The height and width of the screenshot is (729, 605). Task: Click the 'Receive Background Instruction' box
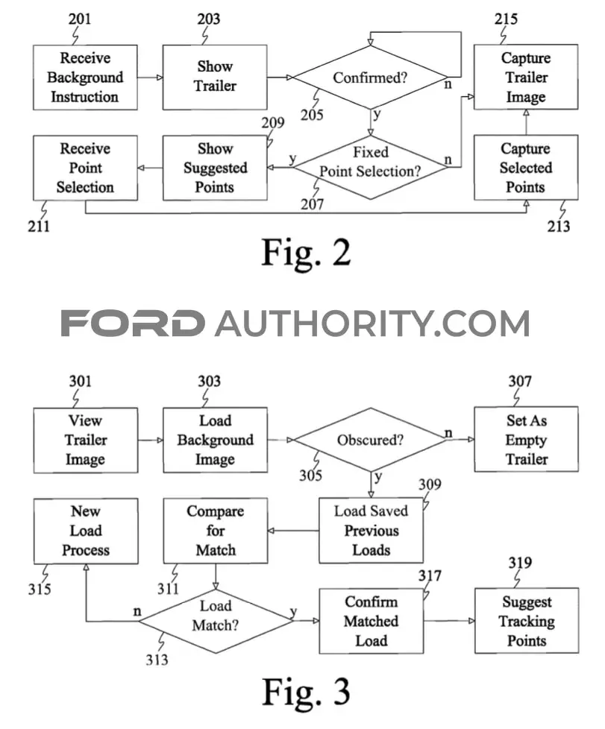[x=85, y=78]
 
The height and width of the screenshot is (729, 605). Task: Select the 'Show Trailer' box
[x=215, y=78]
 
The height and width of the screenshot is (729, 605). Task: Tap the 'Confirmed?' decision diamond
[x=371, y=78]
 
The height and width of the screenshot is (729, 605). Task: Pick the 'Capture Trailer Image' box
[x=526, y=78]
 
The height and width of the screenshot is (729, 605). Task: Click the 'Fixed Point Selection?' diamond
[x=371, y=168]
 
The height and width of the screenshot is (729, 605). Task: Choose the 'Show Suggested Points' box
[x=215, y=168]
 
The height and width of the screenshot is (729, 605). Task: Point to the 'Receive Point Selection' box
[x=85, y=168]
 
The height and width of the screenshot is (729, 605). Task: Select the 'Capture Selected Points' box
[x=526, y=168]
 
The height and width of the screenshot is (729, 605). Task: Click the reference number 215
[x=506, y=19]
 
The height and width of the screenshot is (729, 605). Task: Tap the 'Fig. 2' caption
[x=306, y=253]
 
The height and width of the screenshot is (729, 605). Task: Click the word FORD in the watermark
[x=133, y=323]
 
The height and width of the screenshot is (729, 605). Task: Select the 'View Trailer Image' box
[x=86, y=441]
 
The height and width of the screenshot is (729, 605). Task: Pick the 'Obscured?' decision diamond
[x=371, y=440]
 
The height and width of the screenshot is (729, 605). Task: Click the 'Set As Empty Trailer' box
[x=527, y=439]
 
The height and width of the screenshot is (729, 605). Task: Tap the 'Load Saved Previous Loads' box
[x=371, y=531]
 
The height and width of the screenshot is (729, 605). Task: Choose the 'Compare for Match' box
[x=216, y=531]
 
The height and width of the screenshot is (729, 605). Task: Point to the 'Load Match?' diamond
[x=216, y=621]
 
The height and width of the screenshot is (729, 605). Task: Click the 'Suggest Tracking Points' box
[x=527, y=621]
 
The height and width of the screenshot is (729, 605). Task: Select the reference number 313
[x=157, y=659]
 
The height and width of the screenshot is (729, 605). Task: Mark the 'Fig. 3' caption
[x=306, y=692]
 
